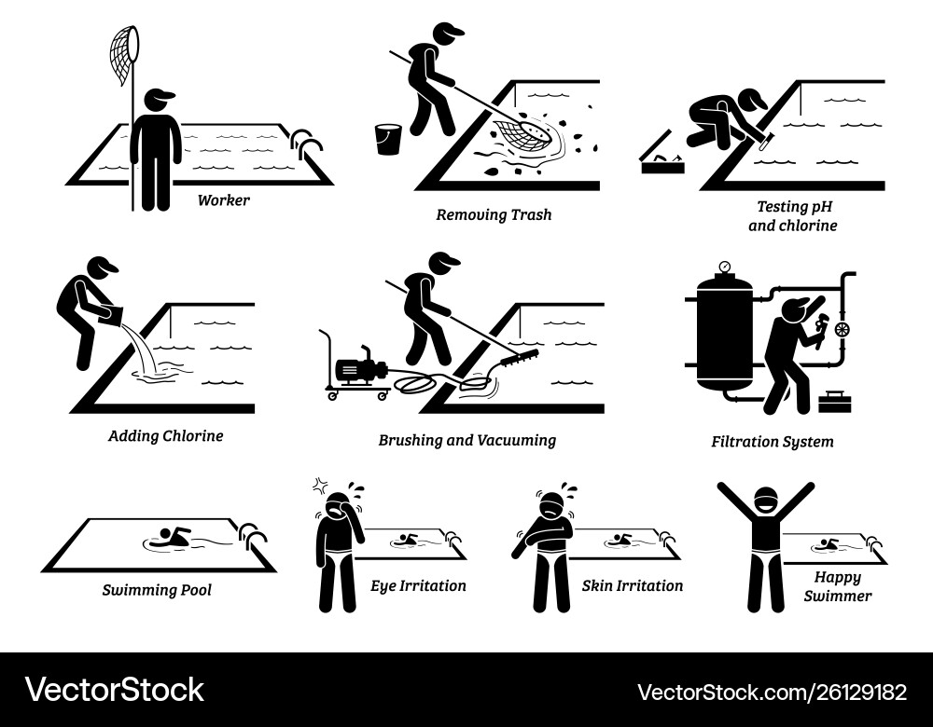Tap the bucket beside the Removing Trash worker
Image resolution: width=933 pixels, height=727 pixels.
[388, 139]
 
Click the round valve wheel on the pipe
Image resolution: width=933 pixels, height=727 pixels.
[842, 329]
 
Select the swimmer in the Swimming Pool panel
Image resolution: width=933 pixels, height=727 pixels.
[168, 538]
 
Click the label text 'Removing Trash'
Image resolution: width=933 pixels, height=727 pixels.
[494, 214]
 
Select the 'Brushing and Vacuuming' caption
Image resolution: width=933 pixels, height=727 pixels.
[466, 440]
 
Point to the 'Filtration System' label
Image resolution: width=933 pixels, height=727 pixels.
[771, 442]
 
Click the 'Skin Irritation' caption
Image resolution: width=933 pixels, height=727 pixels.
[632, 586]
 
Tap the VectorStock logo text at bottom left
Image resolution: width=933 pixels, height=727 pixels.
[115, 690]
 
